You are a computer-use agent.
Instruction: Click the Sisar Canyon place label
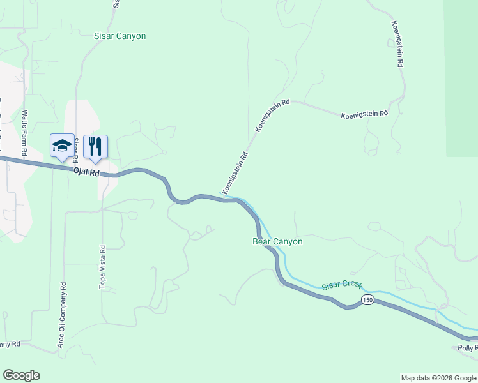(x=119, y=36)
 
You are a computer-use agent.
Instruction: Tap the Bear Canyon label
(x=277, y=242)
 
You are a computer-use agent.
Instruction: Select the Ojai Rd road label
(x=87, y=172)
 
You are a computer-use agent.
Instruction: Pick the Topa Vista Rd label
(x=102, y=267)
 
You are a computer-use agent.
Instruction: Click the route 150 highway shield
(x=367, y=299)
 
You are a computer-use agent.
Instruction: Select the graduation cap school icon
(x=62, y=146)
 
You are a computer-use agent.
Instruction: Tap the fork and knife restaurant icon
(x=95, y=146)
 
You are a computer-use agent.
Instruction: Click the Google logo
(x=21, y=375)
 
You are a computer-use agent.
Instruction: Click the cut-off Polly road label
(x=467, y=348)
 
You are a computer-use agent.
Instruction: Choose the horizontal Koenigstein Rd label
(x=364, y=114)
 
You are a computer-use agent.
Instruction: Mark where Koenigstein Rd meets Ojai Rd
(x=224, y=199)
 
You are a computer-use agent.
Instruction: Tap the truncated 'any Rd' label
(x=10, y=344)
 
